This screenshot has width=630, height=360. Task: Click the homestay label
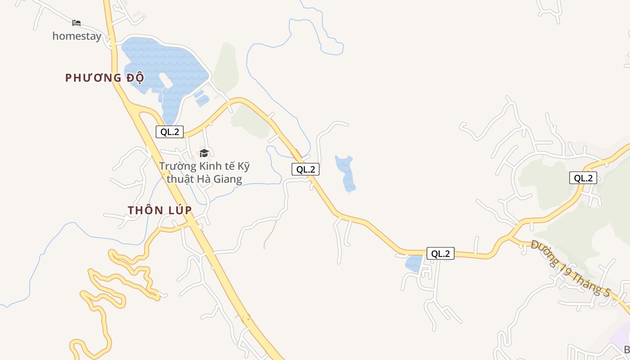pyautogui.click(x=76, y=36)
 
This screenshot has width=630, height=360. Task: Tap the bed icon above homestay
pyautogui.click(x=76, y=22)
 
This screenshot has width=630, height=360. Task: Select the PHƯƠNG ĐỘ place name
pyautogui.click(x=104, y=78)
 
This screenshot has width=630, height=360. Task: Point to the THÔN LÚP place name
pyautogui.click(x=160, y=210)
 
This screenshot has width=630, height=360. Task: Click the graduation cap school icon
pyautogui.click(x=204, y=153)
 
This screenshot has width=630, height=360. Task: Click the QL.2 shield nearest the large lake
pyautogui.click(x=170, y=132)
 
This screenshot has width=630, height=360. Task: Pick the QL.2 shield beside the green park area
pyautogui.click(x=583, y=178)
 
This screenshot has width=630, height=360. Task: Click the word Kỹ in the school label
pyautogui.click(x=243, y=166)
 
